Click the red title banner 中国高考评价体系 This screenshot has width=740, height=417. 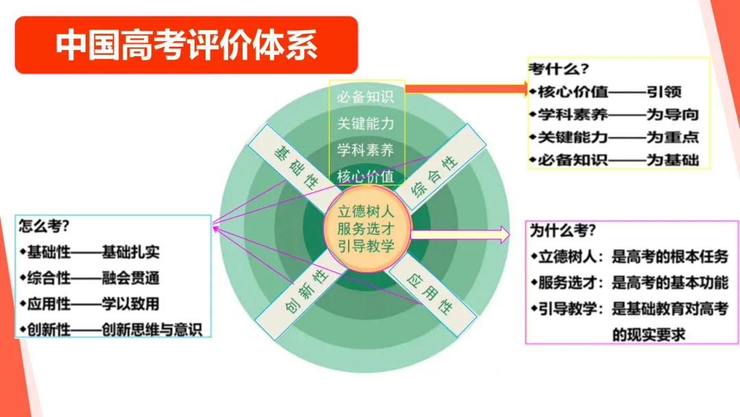click(186, 45)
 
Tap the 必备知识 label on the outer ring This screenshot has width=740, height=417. click(365, 97)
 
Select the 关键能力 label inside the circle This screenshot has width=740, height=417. click(365, 123)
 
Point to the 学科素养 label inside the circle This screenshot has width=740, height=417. click(365, 150)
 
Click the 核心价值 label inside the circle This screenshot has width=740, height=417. click(365, 176)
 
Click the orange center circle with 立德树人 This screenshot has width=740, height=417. click(367, 229)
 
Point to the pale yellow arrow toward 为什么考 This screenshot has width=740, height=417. click(460, 235)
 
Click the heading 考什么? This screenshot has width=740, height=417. click(559, 69)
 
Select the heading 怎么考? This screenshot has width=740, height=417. click(44, 226)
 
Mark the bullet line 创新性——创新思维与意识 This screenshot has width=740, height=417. click(111, 330)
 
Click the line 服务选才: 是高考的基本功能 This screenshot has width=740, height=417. click(630, 283)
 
